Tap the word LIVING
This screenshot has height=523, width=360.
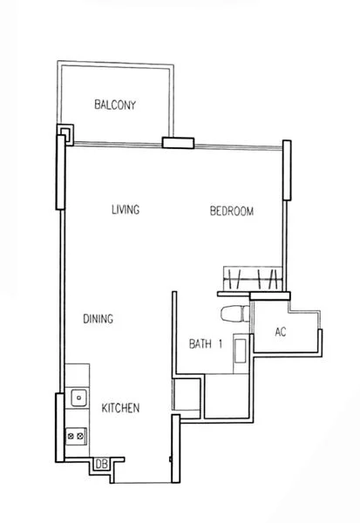[126, 210]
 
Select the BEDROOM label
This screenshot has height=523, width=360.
[232, 211]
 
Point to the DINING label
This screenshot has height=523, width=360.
[99, 319]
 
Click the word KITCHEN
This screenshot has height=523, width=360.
[120, 408]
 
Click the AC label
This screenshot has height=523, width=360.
[281, 332]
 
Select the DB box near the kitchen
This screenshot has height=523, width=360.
[101, 464]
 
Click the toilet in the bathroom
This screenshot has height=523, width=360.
[233, 314]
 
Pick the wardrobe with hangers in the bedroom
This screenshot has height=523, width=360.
[251, 280]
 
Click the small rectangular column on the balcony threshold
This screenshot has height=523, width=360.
[178, 144]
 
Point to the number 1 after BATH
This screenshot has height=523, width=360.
[221, 344]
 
